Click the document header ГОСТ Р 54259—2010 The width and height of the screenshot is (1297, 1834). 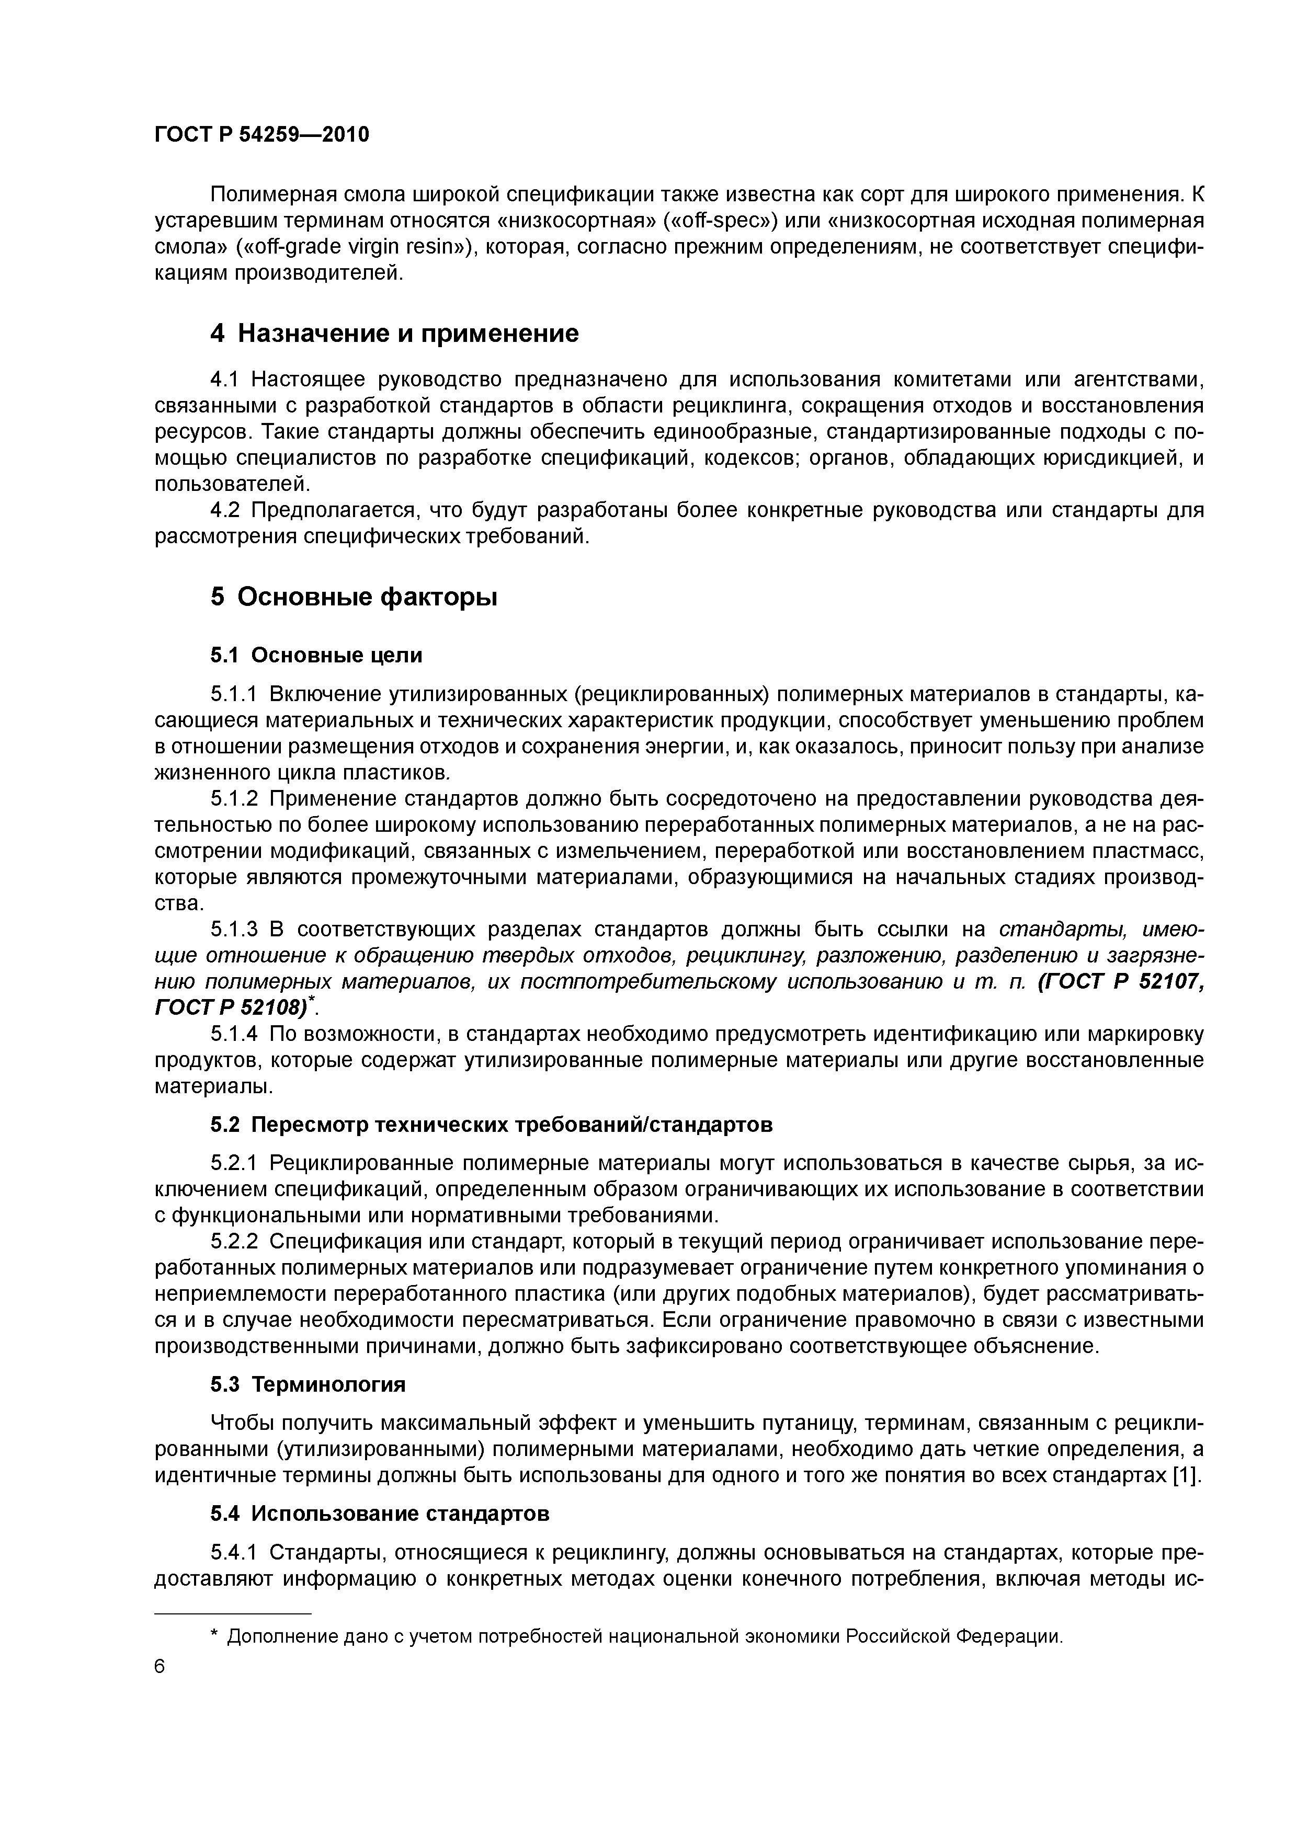click(x=261, y=135)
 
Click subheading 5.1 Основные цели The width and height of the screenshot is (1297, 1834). click(x=316, y=655)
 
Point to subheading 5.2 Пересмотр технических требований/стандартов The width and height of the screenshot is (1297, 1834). click(x=492, y=1125)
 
